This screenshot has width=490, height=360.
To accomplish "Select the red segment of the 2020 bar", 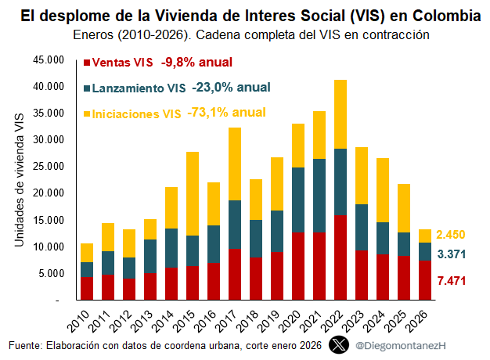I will click(298, 266).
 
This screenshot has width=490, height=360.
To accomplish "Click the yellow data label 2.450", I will click(452, 235).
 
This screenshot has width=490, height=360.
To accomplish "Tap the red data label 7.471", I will click(452, 280).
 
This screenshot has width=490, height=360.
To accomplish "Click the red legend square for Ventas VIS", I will click(87, 63).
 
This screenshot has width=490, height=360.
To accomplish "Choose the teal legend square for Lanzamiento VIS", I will click(87, 88).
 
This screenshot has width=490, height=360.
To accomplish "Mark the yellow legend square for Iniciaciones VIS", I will click(87, 114).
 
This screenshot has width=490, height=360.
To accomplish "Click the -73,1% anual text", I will click(226, 113).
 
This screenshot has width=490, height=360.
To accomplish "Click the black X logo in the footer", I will click(337, 344).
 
